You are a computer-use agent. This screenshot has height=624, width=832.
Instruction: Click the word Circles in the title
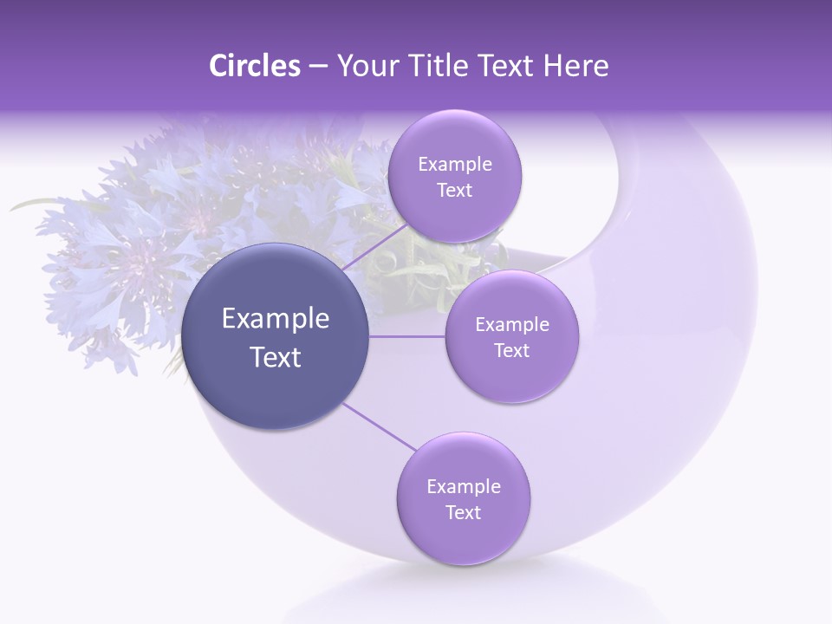(255, 66)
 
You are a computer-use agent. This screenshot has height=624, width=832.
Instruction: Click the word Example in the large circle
(276, 319)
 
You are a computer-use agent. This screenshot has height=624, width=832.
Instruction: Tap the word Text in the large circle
(276, 357)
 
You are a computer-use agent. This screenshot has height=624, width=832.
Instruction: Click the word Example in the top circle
(455, 165)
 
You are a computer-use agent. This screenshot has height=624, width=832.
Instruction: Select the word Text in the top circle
(454, 191)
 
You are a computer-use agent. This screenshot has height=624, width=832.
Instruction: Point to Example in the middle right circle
(512, 325)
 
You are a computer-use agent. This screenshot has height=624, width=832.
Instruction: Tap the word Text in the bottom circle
(463, 513)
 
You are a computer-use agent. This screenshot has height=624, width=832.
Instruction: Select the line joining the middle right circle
(407, 336)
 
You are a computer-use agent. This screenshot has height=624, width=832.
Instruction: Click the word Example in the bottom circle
(464, 487)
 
